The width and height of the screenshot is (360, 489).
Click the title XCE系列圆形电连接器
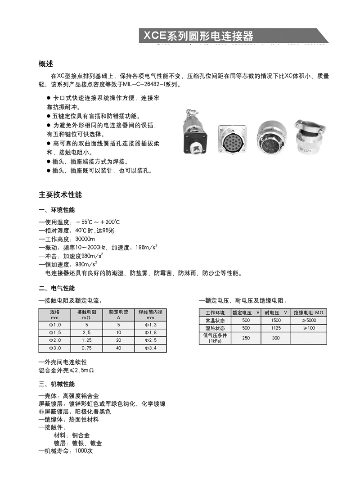tap(198, 35)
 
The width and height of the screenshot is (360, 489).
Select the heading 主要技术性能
tap(60, 195)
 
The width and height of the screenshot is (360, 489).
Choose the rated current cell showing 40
tap(118, 348)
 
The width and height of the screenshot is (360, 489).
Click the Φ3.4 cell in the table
tap(150, 348)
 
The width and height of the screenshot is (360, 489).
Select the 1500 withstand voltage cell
tap(276, 320)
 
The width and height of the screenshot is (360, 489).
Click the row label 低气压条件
tap(215, 338)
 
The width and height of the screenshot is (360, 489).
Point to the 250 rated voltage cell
tap(246, 338)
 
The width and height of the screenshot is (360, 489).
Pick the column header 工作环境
tap(215, 312)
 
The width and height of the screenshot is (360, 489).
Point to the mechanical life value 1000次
tap(84, 451)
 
